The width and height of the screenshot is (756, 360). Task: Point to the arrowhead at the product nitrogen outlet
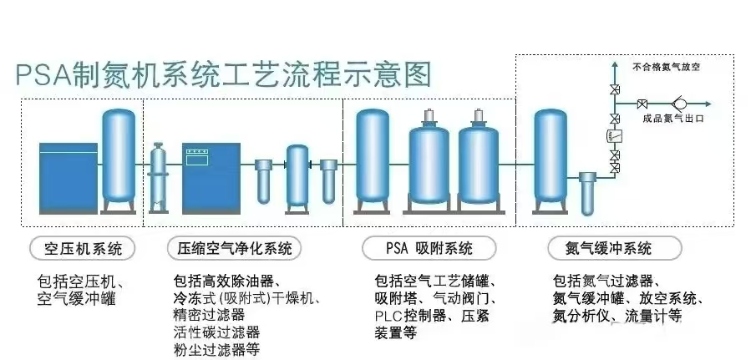(707, 104)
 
